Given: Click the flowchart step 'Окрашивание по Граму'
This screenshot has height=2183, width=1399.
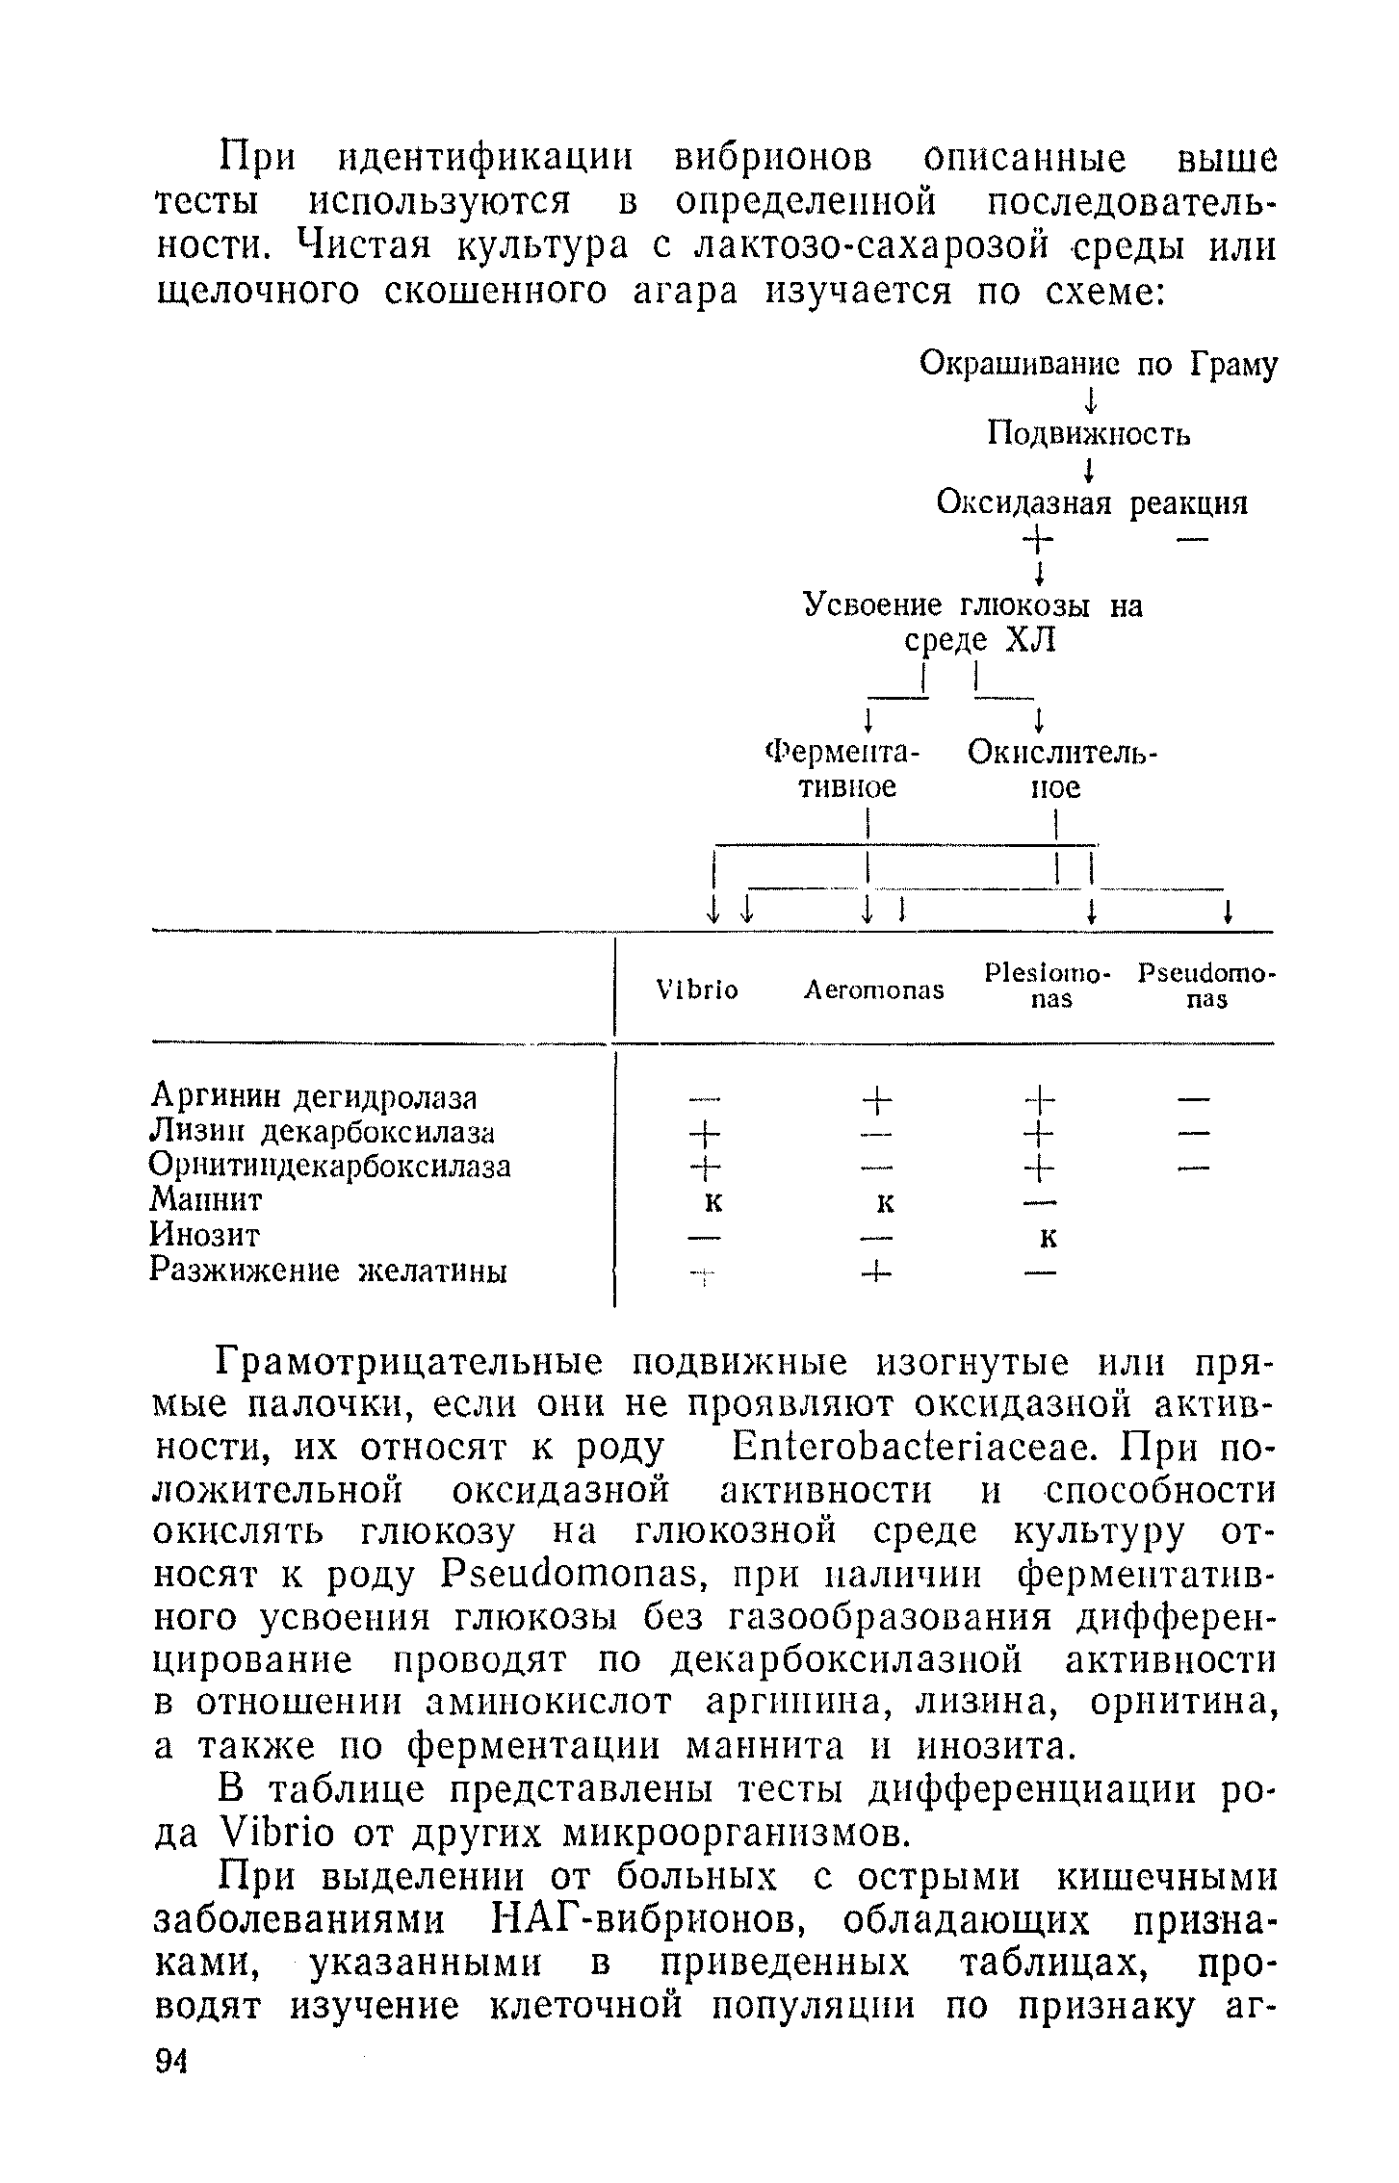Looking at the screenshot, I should pos(1099,365).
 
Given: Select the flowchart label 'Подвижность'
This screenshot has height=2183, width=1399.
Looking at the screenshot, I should pos(1089,435).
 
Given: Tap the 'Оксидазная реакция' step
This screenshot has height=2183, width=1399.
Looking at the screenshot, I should pos(1092,503).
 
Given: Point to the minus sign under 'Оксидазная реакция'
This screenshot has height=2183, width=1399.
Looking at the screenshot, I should pos(1191,540).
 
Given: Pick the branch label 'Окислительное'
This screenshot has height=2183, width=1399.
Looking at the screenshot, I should pos(1062,769).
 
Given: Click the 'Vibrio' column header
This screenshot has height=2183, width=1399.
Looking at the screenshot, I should pos(696,989).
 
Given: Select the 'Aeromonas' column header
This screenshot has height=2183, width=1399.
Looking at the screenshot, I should pos(874,989).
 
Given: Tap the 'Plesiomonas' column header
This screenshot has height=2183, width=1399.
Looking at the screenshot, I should pos(1049,986).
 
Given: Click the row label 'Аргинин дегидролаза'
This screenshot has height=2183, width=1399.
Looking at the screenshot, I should pos(315,1096).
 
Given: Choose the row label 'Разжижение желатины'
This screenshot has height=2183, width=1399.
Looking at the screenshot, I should pos(329,1271).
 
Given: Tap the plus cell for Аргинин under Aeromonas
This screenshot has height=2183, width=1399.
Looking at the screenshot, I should pos(877,1096).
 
